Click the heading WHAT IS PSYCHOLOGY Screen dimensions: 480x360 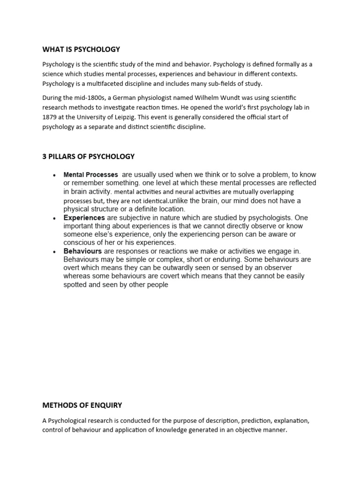81,49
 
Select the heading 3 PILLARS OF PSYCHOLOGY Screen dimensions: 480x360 88,157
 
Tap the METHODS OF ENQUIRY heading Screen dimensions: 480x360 82,405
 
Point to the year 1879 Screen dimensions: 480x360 50,117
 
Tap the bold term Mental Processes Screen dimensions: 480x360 90,174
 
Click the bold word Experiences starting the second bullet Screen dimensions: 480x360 84,217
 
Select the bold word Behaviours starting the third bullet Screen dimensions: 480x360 82,251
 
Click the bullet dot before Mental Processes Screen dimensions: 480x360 55,175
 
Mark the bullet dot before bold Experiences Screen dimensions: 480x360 55,218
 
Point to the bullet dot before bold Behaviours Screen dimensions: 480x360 55,251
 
